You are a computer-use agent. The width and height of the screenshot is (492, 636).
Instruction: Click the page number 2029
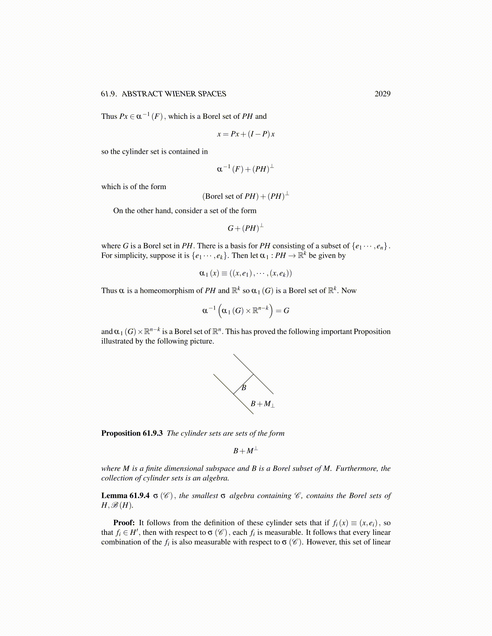coord(382,94)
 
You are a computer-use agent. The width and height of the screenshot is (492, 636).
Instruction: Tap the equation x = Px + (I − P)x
coord(246,134)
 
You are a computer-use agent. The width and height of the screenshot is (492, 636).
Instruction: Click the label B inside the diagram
coord(244,388)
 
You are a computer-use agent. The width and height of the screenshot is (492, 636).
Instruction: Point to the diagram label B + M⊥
coord(262,404)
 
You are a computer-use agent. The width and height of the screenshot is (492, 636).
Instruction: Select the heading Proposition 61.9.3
coord(132,433)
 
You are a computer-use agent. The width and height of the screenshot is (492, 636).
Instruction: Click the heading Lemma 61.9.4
coord(125,496)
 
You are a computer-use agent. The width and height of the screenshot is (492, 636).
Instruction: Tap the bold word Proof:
coord(124,523)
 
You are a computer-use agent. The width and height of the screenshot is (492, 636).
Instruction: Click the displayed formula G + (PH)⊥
coord(246,228)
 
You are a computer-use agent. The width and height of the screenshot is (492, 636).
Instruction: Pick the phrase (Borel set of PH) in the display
coord(230,196)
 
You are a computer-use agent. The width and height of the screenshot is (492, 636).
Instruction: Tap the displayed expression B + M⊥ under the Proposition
coord(246,450)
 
